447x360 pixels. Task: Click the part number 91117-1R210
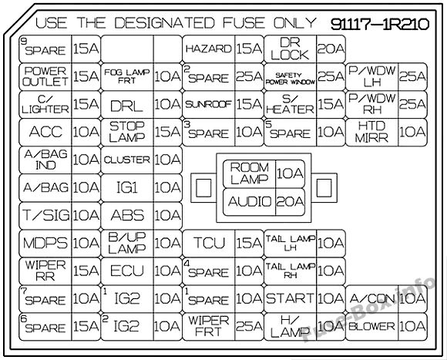(380, 24)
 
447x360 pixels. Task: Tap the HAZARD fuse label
(208, 49)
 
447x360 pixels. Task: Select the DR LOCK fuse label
(290, 49)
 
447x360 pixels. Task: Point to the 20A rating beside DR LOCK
(331, 49)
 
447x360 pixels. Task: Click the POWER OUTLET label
(45, 76)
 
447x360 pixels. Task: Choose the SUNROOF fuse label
(208, 104)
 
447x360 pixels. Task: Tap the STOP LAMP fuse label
(127, 132)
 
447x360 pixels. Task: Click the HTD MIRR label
(371, 132)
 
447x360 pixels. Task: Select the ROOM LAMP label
(250, 173)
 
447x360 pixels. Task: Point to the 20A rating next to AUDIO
(290, 201)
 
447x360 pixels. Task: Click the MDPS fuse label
(45, 243)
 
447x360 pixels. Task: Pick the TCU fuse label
(209, 243)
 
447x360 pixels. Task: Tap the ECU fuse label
(127, 271)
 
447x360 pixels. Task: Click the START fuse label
(290, 298)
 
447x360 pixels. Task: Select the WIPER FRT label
(208, 326)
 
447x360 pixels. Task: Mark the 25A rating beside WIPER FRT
(249, 326)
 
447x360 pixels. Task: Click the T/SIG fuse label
(46, 215)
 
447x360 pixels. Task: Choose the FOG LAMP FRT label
(127, 76)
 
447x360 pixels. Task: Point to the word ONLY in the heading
(294, 23)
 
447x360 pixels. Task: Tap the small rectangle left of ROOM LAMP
(203, 188)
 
